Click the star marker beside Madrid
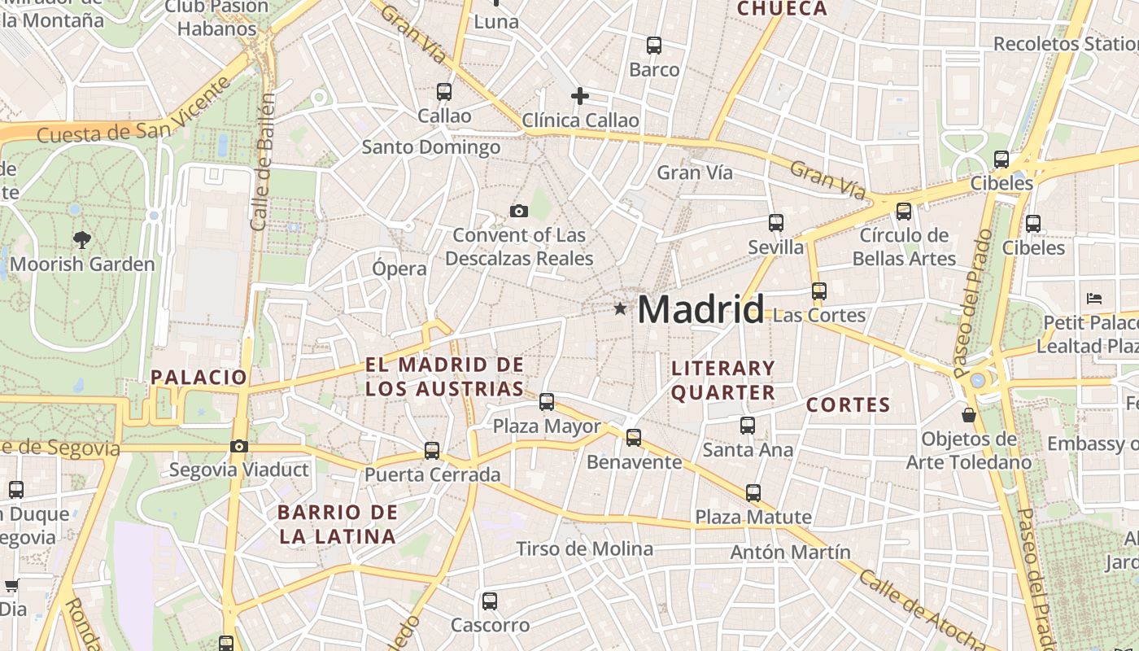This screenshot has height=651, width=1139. pos(620,308)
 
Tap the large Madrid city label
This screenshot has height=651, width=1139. pos(700,310)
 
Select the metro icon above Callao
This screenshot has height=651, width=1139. pos(444,92)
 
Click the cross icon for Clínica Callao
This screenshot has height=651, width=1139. pos(579,96)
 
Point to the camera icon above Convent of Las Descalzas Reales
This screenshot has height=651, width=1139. pos(518,212)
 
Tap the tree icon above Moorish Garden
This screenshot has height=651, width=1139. pos(81,239)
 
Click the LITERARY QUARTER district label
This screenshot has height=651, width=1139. pos(722,380)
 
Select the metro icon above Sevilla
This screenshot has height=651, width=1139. pos(776,223)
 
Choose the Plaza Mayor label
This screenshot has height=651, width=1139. pos(547,426)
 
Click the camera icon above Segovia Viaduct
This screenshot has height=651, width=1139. pos(238,446)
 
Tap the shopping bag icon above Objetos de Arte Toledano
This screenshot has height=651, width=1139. pos(968,415)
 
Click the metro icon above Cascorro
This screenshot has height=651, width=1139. pos(489,601)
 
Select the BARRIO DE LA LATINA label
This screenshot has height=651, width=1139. pos(337,524)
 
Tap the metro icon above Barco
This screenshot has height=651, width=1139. pos(654,46)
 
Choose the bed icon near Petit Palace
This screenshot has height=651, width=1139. pos(1094,299)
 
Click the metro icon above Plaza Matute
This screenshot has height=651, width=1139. pos(753,492)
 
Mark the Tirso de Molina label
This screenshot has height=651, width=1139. pos(584,548)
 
